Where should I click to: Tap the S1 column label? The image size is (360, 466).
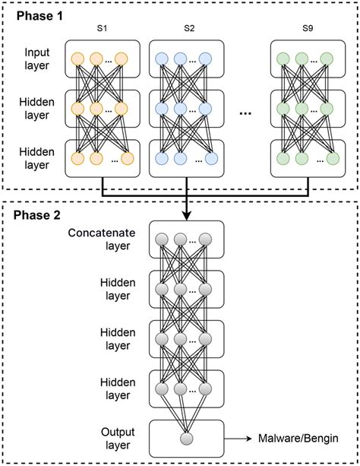102,29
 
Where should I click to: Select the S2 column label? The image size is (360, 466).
189,29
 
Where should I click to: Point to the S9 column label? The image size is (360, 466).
307,29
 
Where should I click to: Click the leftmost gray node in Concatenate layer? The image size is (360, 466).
162,240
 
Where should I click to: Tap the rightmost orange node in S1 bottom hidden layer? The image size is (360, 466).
128,159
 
